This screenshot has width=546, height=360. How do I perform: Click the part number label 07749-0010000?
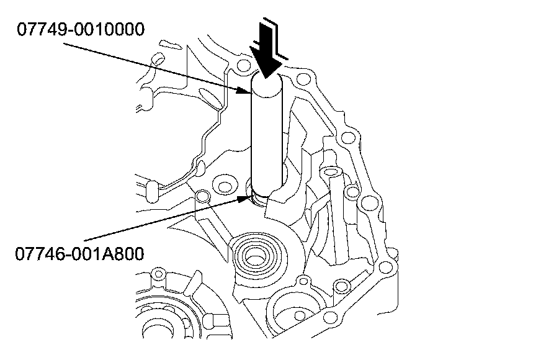coord(81,29)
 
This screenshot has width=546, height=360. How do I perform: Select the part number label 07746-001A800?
coord(79,254)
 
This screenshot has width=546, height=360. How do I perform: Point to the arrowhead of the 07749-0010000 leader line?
coord(244,90)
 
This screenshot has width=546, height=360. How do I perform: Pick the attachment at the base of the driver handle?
coord(259,199)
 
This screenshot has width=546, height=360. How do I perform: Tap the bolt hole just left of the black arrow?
coord(244,65)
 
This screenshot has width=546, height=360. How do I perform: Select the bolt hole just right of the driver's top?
coord(303,79)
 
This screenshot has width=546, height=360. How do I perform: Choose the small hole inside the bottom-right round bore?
coord(299,315)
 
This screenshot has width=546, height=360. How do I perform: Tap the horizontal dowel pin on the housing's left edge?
coord(152,192)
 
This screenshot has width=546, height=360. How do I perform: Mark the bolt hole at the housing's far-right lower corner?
coord(385,268)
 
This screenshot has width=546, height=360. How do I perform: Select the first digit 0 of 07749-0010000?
coord(22,29)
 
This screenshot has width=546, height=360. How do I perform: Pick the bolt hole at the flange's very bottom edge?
coord(329,317)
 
